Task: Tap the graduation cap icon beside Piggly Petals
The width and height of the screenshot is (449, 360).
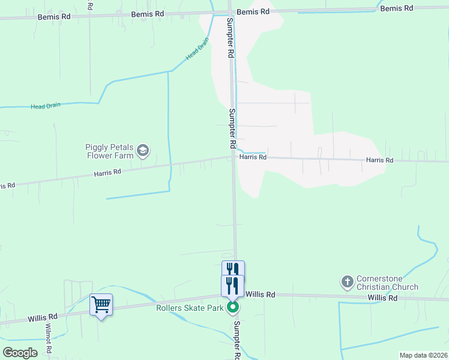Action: (143, 150)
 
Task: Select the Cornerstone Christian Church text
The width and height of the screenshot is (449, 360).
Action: (387, 283)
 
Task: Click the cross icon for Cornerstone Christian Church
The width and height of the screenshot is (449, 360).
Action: (347, 281)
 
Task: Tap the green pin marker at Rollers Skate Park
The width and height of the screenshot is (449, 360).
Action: (234, 308)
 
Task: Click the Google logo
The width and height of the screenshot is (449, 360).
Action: (20, 352)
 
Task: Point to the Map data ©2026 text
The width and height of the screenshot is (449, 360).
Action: (423, 355)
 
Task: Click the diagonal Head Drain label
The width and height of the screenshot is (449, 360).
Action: (197, 49)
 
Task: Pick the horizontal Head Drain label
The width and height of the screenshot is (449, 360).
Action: (46, 106)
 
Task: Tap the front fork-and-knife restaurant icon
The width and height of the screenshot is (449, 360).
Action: (233, 285)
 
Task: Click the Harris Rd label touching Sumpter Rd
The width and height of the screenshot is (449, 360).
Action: (253, 157)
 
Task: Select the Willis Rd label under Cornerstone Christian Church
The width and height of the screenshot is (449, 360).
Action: (383, 298)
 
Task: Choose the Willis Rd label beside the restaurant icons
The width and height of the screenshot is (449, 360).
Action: (261, 295)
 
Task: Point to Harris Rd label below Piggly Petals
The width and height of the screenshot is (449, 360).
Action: (107, 172)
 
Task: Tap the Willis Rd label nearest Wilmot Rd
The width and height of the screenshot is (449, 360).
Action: (42, 317)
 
